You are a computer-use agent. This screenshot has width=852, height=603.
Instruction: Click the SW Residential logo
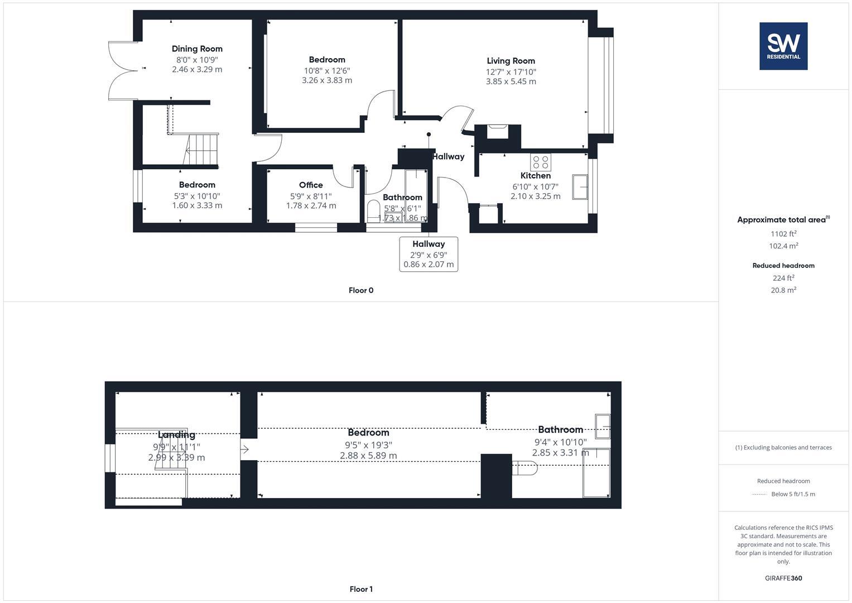click(x=783, y=46)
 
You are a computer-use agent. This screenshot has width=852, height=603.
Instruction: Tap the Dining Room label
click(x=197, y=49)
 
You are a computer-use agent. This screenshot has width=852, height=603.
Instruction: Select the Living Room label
click(x=511, y=61)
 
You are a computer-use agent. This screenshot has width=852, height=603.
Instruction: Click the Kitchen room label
click(x=535, y=176)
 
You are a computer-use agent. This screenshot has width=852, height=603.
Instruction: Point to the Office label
click(x=311, y=185)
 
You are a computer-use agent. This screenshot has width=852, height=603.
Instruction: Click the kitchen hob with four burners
click(x=540, y=162)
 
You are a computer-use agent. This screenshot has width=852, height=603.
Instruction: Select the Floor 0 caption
click(x=360, y=290)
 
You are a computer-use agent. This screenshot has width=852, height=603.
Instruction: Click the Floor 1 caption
click(x=360, y=589)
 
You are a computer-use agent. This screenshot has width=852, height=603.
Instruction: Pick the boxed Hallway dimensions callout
click(x=429, y=254)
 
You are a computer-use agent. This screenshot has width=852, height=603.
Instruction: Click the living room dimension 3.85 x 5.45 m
click(x=511, y=82)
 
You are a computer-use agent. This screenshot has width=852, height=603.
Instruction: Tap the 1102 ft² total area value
click(x=783, y=234)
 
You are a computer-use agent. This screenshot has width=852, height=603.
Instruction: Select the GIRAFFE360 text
click(x=783, y=578)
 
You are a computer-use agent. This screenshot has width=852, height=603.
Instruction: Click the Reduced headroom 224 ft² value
click(x=783, y=278)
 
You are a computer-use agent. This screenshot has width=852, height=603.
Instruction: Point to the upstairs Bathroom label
click(x=560, y=430)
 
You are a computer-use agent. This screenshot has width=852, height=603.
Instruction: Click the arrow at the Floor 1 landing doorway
click(x=244, y=449)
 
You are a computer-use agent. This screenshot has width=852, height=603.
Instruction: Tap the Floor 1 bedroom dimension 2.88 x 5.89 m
click(x=368, y=456)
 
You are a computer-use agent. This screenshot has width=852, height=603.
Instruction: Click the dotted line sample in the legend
click(x=759, y=494)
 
